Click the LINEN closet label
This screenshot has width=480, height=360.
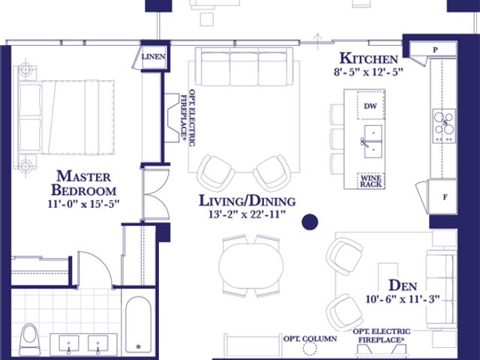tap(153, 57)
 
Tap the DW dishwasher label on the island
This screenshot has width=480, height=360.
tap(370, 106)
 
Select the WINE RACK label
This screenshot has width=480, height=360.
tap(370, 181)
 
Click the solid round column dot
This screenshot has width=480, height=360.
tap(310, 222)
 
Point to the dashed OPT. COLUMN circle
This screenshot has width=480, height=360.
tap(310, 348)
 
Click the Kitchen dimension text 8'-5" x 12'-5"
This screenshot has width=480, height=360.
tap(368, 72)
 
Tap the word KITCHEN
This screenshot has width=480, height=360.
tap(369, 58)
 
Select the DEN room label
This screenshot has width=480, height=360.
tap(403, 285)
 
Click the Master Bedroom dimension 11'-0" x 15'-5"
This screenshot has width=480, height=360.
tap(83, 204)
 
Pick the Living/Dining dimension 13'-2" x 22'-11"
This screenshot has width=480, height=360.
tap(247, 214)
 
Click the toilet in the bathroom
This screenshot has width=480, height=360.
tap(30, 340)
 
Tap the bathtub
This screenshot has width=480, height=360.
tap(138, 325)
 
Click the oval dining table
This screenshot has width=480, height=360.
tap(251, 265)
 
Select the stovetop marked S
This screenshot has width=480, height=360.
tap(444, 125)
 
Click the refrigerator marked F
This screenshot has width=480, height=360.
tap(443, 196)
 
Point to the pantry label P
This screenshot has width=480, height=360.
tap(435, 49)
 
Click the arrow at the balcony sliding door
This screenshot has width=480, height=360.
tap(318, 42)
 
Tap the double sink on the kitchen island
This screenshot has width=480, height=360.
tap(373, 142)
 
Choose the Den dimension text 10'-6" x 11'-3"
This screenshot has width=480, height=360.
tap(403, 299)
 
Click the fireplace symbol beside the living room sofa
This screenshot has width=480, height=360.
tap(172, 118)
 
